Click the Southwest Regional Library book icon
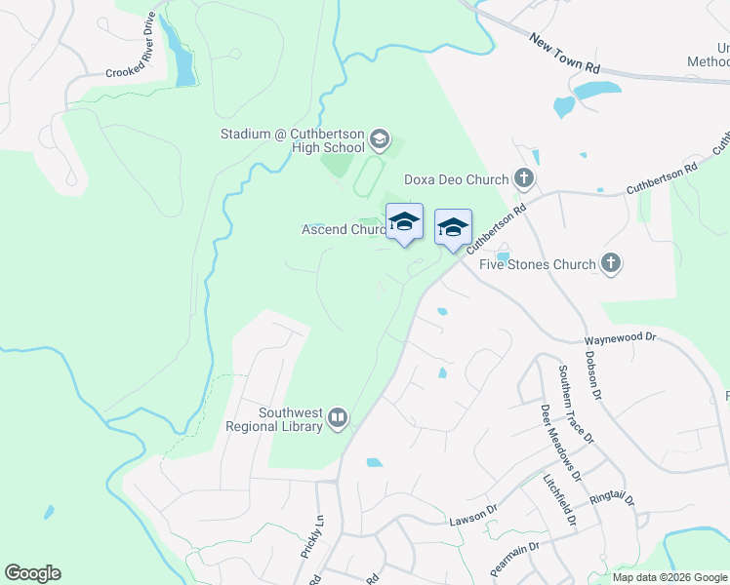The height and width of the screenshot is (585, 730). [x=338, y=418]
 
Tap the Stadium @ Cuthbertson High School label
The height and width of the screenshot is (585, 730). [x=293, y=140]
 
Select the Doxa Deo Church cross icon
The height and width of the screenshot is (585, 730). [x=525, y=178]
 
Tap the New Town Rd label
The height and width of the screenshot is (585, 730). [x=565, y=55]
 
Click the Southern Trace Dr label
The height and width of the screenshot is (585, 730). [x=575, y=404]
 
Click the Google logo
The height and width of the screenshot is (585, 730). [x=32, y=573]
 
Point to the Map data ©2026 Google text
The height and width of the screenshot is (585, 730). [x=669, y=577]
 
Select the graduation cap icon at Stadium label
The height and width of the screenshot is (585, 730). [x=380, y=140]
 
